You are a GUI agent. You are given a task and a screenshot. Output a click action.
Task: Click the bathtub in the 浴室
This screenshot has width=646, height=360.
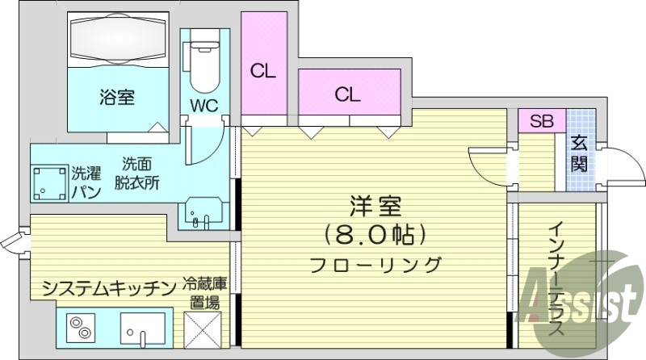(118, 39)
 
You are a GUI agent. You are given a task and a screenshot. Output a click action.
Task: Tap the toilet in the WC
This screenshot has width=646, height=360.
(204, 67)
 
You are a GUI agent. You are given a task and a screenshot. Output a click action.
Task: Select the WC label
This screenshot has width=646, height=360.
(204, 106)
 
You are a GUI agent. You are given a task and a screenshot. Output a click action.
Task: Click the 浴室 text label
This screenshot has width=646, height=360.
(117, 97)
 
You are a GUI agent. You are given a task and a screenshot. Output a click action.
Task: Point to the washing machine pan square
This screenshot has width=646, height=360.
(49, 182)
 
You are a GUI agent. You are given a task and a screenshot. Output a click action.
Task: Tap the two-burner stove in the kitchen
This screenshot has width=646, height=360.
(81, 328)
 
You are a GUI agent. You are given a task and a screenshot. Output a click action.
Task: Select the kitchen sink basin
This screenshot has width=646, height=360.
(143, 328)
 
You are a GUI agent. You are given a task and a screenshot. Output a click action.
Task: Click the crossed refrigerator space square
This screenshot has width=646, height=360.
(203, 329)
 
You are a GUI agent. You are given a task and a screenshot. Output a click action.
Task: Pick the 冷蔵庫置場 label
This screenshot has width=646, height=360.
(205, 293)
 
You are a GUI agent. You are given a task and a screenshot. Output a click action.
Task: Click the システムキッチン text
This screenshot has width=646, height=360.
(110, 288)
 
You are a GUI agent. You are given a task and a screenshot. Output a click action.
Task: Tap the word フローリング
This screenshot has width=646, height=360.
(375, 265)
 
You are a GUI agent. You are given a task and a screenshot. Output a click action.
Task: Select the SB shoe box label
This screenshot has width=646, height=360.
(541, 121)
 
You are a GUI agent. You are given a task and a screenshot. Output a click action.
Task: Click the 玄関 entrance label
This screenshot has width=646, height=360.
(579, 153)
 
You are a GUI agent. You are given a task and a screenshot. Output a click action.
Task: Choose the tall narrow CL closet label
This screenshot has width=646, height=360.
(263, 72)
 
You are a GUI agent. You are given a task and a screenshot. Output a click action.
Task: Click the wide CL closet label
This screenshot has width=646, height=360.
(347, 94)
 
